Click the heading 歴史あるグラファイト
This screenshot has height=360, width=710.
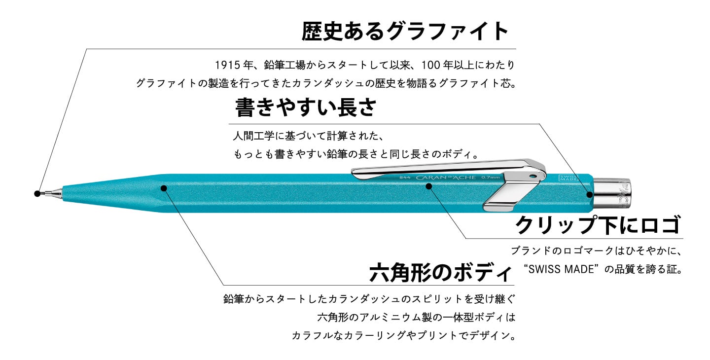(x=405, y=32)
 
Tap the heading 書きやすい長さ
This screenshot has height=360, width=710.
(x=306, y=107)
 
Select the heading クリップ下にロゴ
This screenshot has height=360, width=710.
(x=598, y=225)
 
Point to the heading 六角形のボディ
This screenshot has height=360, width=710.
(x=441, y=272)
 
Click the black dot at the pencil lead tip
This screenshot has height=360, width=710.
(x=37, y=193)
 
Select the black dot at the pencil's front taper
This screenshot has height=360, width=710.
(x=164, y=187)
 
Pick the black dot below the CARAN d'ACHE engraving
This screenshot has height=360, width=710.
(x=429, y=186)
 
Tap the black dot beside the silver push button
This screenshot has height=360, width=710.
(x=589, y=194)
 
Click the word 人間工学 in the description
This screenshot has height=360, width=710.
(x=252, y=135)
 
